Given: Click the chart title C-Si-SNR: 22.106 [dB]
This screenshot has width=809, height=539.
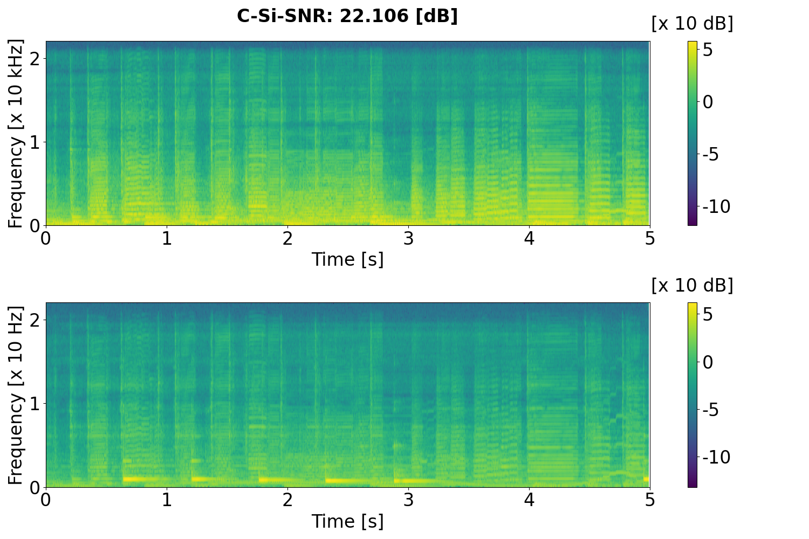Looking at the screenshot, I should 347,16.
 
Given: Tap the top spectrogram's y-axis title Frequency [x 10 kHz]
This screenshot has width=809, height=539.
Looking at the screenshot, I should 16,133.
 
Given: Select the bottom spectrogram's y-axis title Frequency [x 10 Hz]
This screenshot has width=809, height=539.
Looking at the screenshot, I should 16,395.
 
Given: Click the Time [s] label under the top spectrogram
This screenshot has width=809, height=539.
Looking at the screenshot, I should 347,259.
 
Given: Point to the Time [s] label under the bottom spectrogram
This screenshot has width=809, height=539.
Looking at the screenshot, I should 347,521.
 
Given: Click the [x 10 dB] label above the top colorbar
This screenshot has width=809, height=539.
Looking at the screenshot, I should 692,24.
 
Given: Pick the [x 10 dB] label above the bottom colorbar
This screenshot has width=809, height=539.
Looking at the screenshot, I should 692,285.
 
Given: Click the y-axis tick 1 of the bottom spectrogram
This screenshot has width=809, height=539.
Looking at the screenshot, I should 35,404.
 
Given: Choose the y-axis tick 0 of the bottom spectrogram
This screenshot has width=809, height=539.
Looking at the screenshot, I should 35,487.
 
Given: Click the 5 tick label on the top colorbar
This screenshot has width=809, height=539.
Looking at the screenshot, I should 708,50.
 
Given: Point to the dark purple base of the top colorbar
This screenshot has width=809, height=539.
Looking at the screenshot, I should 693,223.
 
